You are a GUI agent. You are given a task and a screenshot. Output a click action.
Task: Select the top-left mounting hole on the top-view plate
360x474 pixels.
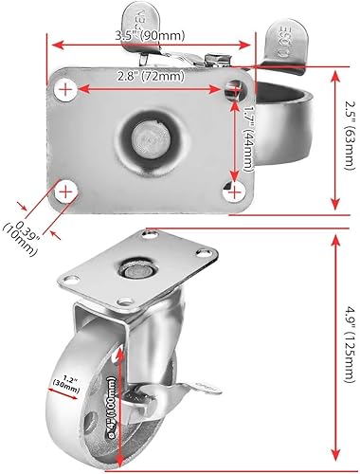point(64,90)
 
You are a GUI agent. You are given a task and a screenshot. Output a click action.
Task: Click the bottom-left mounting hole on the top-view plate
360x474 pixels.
point(64,192)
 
